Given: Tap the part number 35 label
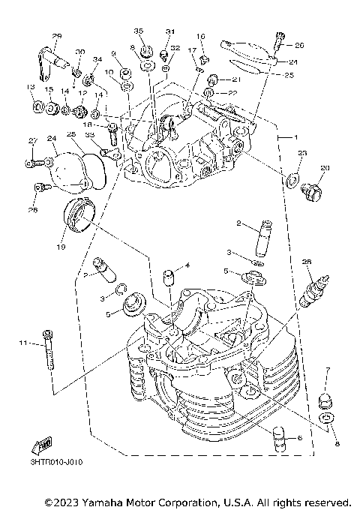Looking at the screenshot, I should click(138, 31).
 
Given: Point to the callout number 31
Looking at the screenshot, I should click(169, 31).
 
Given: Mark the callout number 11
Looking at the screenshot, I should click(23, 343).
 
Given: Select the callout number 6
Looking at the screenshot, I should click(299, 437).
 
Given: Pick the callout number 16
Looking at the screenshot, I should click(201, 37).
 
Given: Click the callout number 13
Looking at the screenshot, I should click(30, 88).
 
